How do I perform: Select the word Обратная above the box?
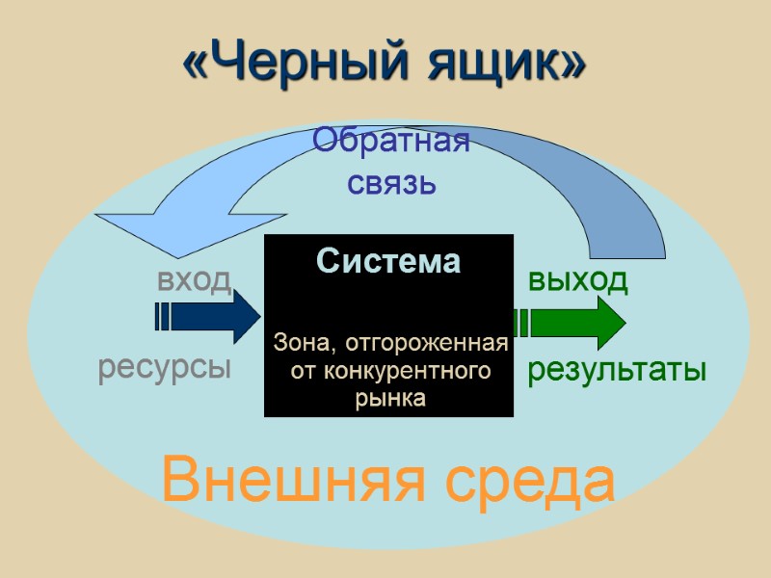click(391, 143)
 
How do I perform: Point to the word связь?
click(391, 182)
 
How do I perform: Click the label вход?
click(194, 280)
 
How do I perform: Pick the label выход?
click(578, 280)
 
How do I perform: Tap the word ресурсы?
click(165, 369)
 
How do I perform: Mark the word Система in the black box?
click(388, 261)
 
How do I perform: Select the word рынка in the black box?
click(389, 398)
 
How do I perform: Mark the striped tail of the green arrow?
click(522, 322)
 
